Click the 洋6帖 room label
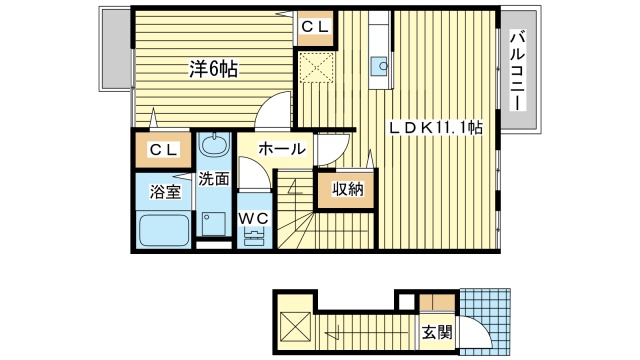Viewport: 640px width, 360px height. pyautogui.click(x=216, y=71)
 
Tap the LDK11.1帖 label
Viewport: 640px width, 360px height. pyautogui.click(x=435, y=128)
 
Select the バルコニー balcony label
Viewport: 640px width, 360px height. pyautogui.click(x=518, y=72)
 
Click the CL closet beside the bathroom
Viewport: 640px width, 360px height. pyautogui.click(x=165, y=150)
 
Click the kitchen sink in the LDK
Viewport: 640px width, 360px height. pyautogui.click(x=380, y=68)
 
